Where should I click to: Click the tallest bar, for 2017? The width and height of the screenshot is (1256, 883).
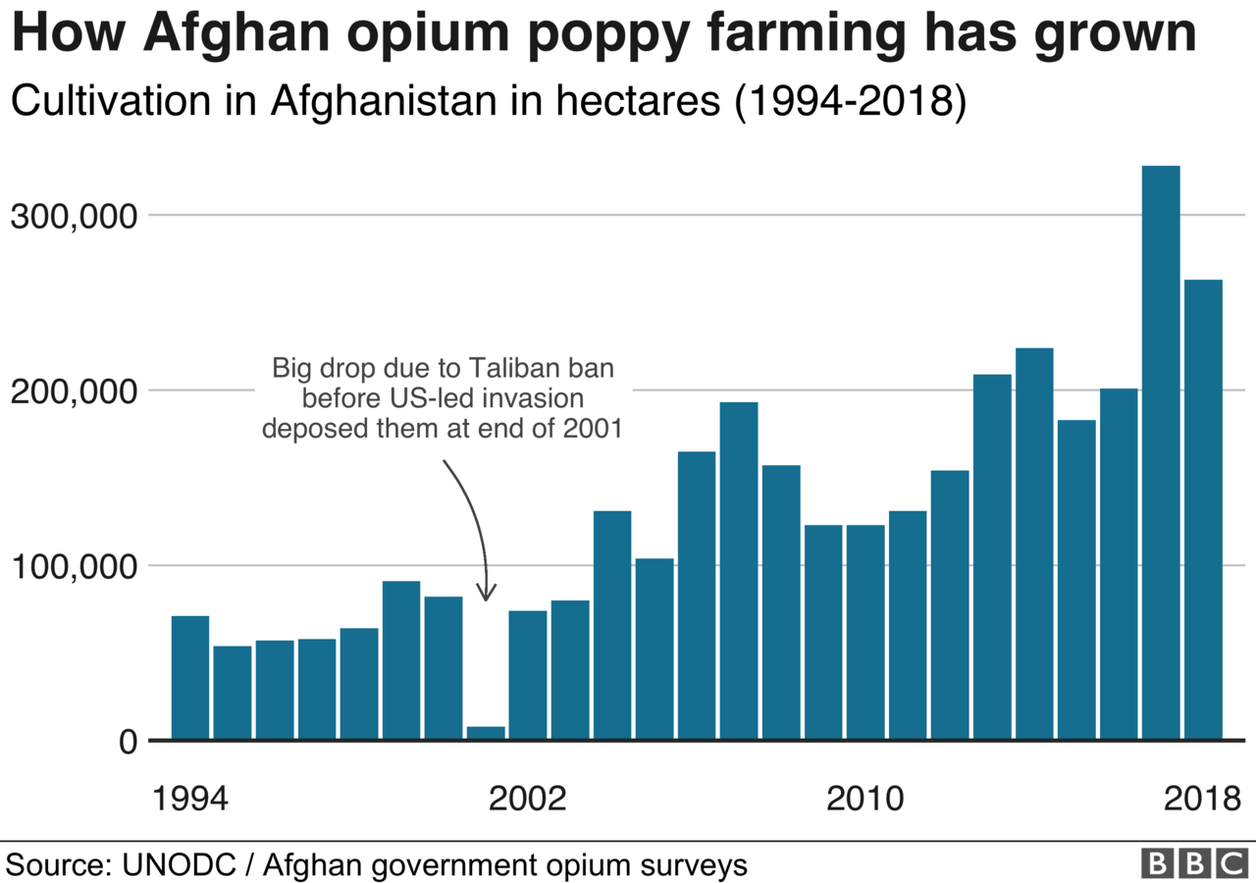tap(1161, 451)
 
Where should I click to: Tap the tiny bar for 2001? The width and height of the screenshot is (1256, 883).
tap(486, 732)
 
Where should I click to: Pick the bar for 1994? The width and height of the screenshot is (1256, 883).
tap(190, 677)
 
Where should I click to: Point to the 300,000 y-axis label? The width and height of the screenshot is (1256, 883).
tap(72, 216)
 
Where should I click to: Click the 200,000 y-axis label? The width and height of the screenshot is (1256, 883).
tap(72, 391)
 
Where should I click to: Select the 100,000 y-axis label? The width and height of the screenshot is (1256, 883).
tap(72, 566)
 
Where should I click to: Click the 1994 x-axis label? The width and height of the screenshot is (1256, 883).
tap(190, 798)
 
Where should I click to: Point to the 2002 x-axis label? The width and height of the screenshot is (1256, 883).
tap(528, 798)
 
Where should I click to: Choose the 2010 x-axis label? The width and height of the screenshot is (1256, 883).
tap(865, 798)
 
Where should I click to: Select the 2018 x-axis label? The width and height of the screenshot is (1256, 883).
tap(1203, 798)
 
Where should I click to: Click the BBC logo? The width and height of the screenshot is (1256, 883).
tap(1193, 863)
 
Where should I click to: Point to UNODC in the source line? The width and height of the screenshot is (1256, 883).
tap(177, 865)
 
